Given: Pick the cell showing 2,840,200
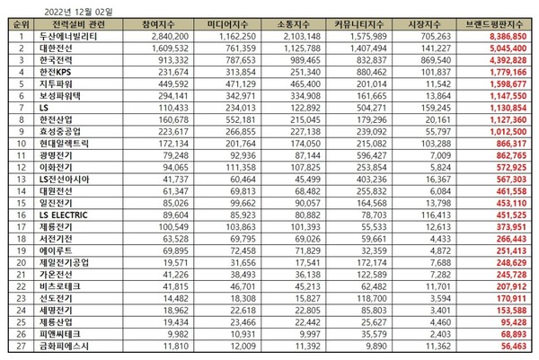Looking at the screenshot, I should [x=164, y=37].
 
